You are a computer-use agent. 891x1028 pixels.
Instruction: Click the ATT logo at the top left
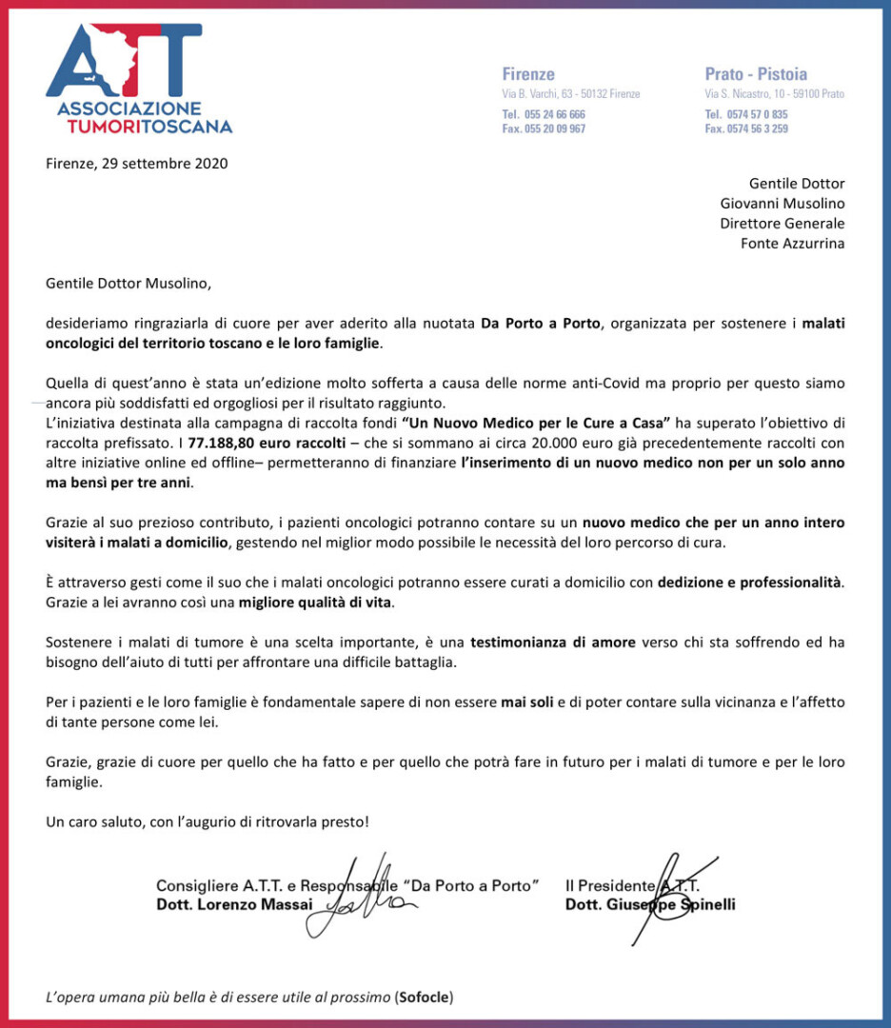coord(139,76)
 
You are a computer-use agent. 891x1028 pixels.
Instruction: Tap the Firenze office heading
coord(528,74)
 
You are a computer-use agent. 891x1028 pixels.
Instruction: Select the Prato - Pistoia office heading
coord(756,74)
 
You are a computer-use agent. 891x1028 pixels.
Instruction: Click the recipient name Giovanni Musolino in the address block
coord(782,203)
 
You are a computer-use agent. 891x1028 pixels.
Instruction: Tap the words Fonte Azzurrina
coord(793,243)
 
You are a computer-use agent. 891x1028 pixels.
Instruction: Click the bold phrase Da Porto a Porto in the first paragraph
coord(541,323)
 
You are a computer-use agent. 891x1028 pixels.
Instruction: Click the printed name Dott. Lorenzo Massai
coord(234,904)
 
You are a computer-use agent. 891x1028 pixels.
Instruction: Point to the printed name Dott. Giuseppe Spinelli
coord(650,904)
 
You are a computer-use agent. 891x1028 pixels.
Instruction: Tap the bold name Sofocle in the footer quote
coord(424,997)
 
